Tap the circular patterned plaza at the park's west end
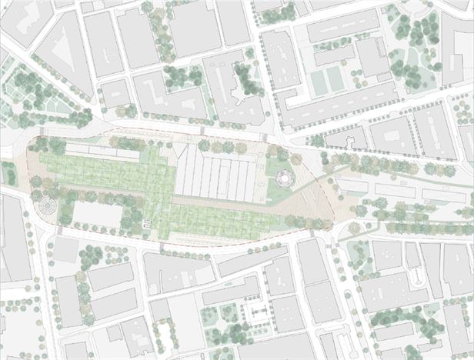[45, 206]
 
